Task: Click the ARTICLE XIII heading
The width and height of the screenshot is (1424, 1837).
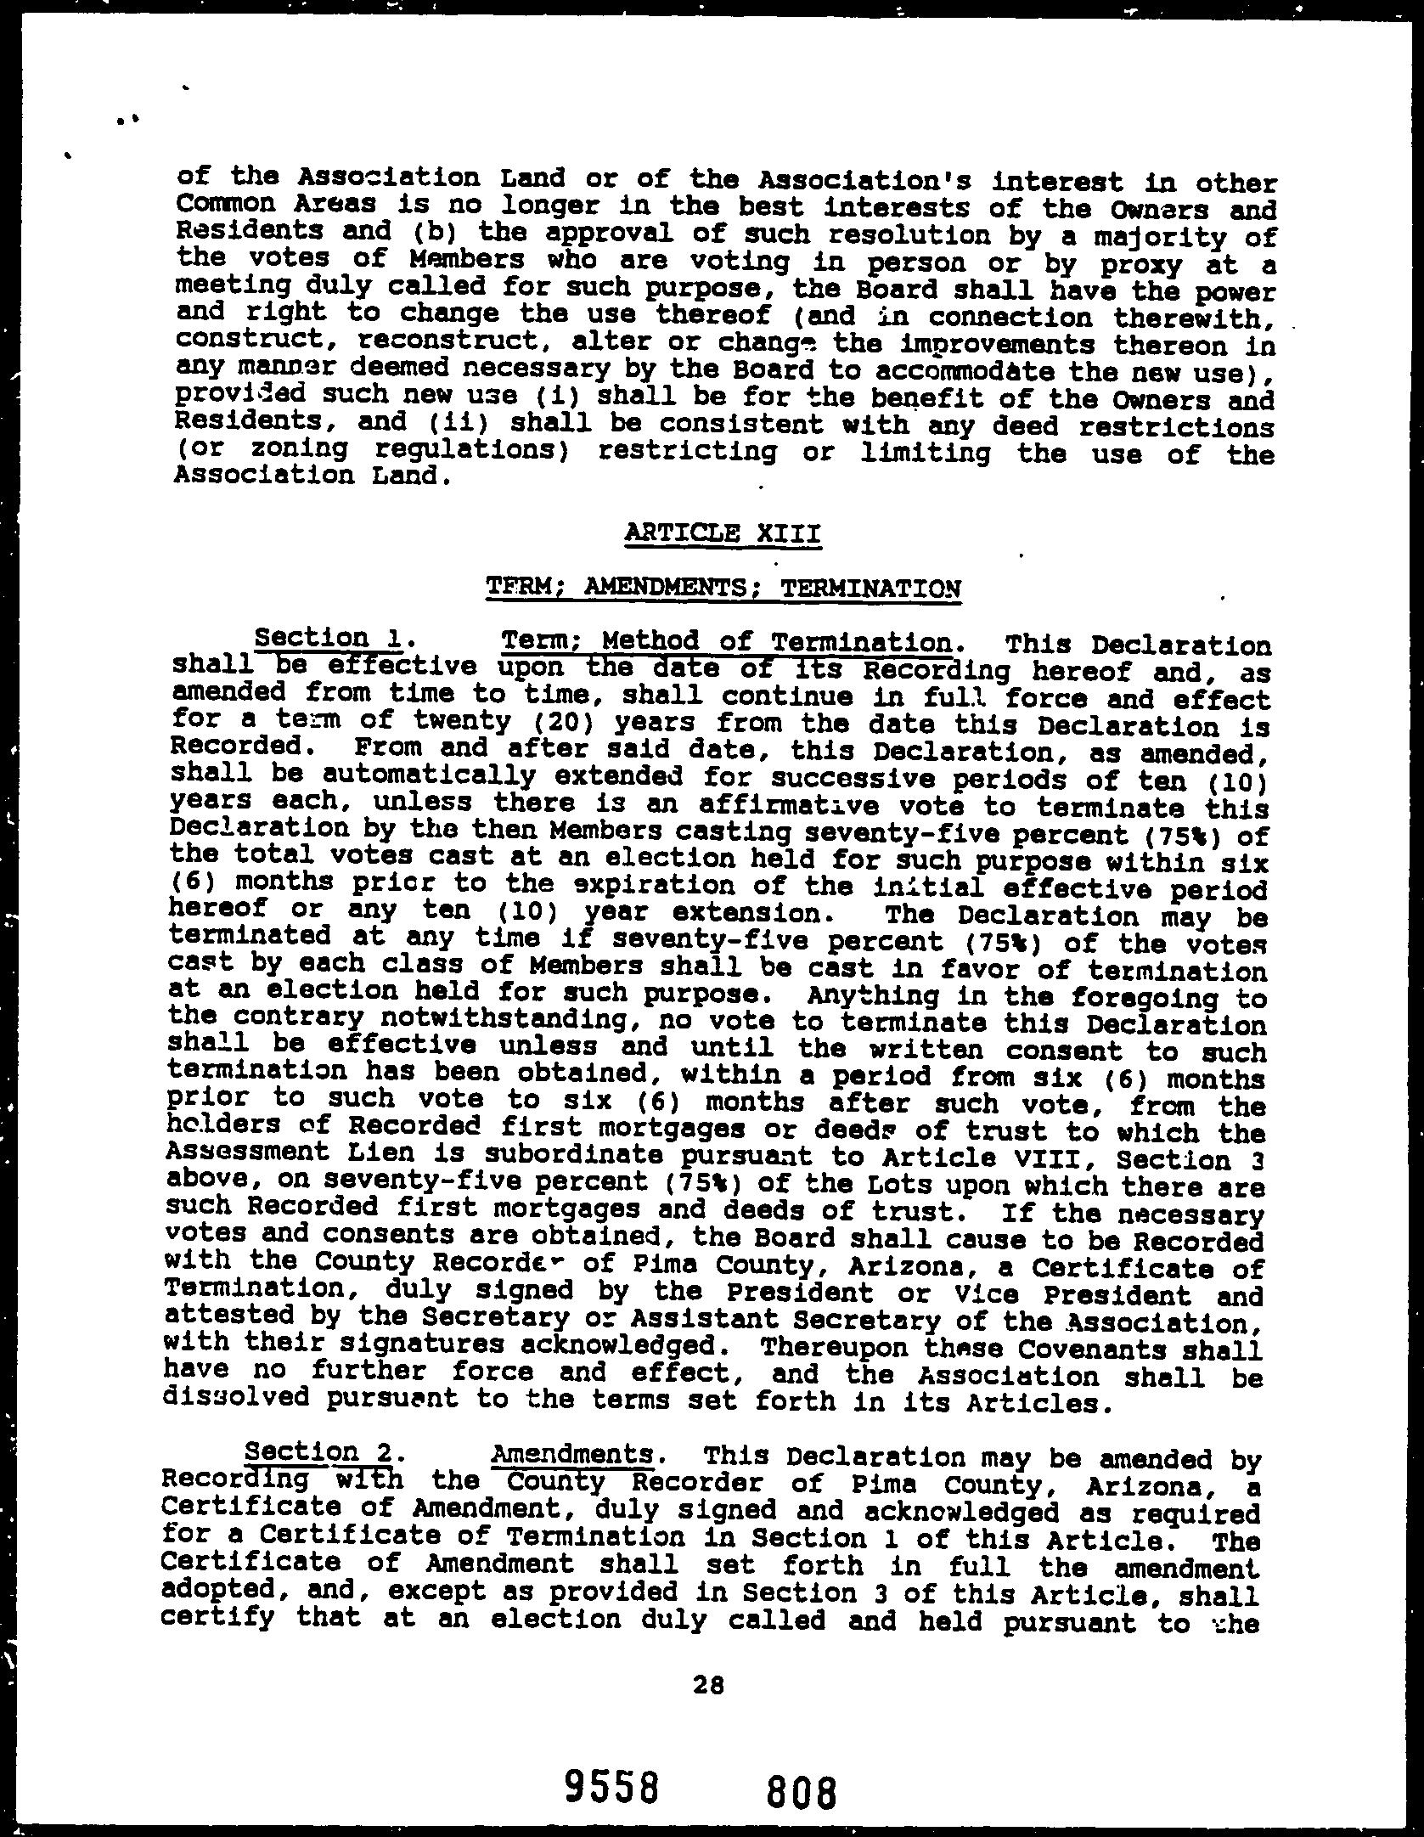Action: [722, 534]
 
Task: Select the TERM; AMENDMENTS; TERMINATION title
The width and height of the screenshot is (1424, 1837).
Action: [723, 587]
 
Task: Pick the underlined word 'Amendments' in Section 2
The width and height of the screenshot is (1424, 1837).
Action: [574, 1455]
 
